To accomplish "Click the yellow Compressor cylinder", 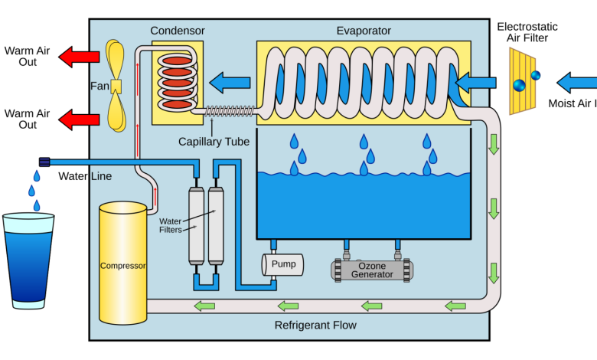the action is [122, 263].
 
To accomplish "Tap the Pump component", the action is [282, 264].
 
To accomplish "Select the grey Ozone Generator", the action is [372, 270].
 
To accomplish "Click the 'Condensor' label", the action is [178, 31].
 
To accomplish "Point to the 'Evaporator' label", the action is [364, 31].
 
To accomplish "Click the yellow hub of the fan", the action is [116, 87].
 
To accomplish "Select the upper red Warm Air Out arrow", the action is [79, 57].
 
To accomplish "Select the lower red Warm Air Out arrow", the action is [79, 119].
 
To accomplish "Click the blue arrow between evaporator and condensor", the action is [230, 82].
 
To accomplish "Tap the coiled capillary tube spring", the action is [229, 111].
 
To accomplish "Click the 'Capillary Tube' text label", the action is [214, 142].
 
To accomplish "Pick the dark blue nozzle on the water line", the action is [44, 162].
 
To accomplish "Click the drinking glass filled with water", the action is [28, 261].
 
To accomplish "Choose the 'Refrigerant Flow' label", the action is [315, 326].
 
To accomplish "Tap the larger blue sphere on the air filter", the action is [519, 85].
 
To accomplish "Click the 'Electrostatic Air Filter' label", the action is [527, 32].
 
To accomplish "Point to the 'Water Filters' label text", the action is [170, 225].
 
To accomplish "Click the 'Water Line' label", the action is [85, 176].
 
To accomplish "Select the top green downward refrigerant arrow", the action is [494, 144].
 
